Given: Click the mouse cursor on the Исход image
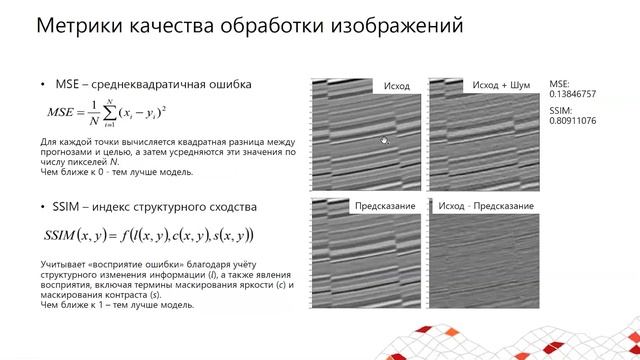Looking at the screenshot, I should [384, 142].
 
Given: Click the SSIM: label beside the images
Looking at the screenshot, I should [561, 109].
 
